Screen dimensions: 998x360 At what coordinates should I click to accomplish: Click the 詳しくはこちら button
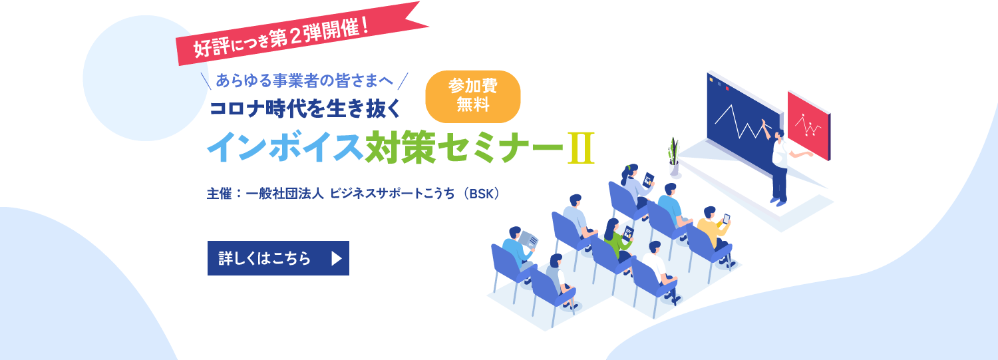[278, 258]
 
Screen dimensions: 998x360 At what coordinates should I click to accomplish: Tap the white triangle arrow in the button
[337, 258]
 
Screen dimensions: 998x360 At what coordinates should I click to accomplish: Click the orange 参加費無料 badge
[472, 96]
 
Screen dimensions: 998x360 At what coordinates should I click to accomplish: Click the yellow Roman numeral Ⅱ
[581, 148]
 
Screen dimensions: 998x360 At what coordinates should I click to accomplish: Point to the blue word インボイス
[285, 147]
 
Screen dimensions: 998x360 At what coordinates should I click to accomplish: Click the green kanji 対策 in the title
[400, 147]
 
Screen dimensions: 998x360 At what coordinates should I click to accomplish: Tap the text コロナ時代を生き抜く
[305, 108]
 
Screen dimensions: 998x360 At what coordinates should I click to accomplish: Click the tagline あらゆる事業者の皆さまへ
[305, 81]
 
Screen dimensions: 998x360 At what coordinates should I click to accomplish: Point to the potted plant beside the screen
[674, 157]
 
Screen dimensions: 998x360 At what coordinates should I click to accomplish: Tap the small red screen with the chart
[809, 125]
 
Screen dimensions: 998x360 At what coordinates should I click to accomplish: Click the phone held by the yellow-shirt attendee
[727, 219]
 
